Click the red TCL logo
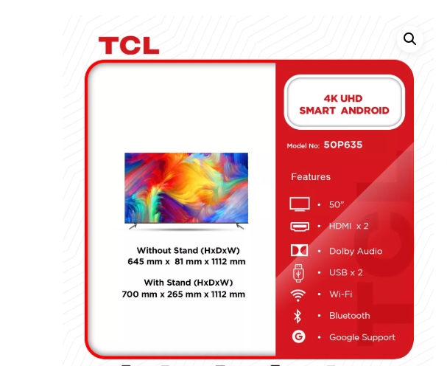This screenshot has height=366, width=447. pos(129,46)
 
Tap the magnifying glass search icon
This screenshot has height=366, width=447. pos(409,39)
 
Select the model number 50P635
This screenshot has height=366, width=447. pos(343,145)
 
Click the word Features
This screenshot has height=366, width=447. pos(311,177)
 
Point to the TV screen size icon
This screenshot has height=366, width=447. pos(300,204)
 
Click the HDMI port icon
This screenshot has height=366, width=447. pos(300,227)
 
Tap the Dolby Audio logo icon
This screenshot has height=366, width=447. pos(299,250)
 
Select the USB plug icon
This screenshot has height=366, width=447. pos(298,273)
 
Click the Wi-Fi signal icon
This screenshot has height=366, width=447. pos(298,295)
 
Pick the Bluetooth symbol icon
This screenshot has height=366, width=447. pos(298,317)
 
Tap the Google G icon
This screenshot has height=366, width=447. pos(298,336)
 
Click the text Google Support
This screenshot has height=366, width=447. pos(362,337)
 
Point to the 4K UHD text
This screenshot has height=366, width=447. pos(343,99)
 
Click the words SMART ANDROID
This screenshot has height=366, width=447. pos(344,111)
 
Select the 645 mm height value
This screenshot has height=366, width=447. pos(145,261)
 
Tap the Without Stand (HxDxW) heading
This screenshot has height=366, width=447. pos(188,251)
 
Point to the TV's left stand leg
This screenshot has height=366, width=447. pos(133,227)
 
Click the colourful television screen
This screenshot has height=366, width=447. pos(186,187)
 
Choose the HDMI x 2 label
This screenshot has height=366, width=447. pos(348,227)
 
